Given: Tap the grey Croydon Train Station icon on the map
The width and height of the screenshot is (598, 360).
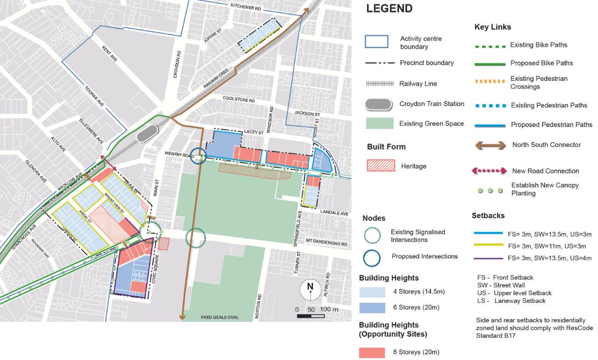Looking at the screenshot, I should (x=148, y=133).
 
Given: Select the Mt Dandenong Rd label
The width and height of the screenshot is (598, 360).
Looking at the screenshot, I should (x=328, y=243).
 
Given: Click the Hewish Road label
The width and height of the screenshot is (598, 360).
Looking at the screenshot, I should (x=178, y=155).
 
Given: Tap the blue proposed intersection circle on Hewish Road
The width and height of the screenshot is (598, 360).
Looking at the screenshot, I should (x=199, y=157).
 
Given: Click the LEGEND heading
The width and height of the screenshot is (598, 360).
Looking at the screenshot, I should (x=389, y=8).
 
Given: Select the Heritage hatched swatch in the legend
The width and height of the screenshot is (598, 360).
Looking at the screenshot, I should (x=381, y=166).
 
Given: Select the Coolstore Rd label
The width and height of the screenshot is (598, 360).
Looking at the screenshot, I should (x=239, y=100).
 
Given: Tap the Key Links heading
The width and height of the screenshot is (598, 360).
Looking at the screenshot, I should (x=492, y=27).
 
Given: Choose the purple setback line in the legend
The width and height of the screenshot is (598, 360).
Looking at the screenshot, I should (x=489, y=258).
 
